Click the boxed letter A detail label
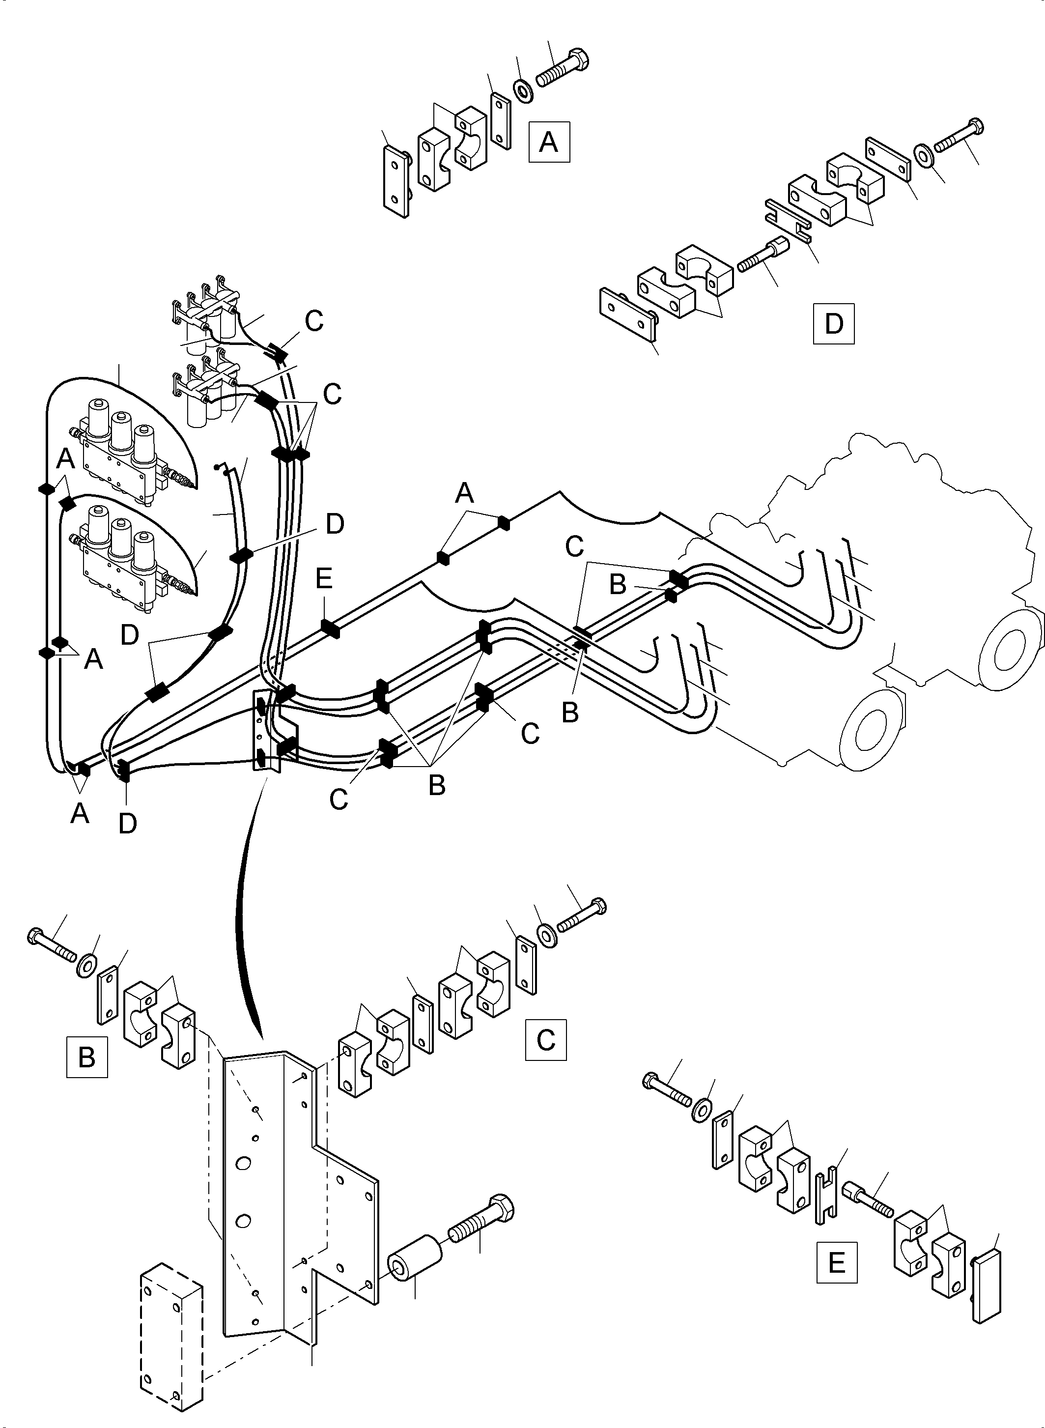tap(548, 142)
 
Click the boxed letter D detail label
tap(833, 324)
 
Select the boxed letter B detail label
tap(86, 1057)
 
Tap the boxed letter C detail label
tap(545, 1039)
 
